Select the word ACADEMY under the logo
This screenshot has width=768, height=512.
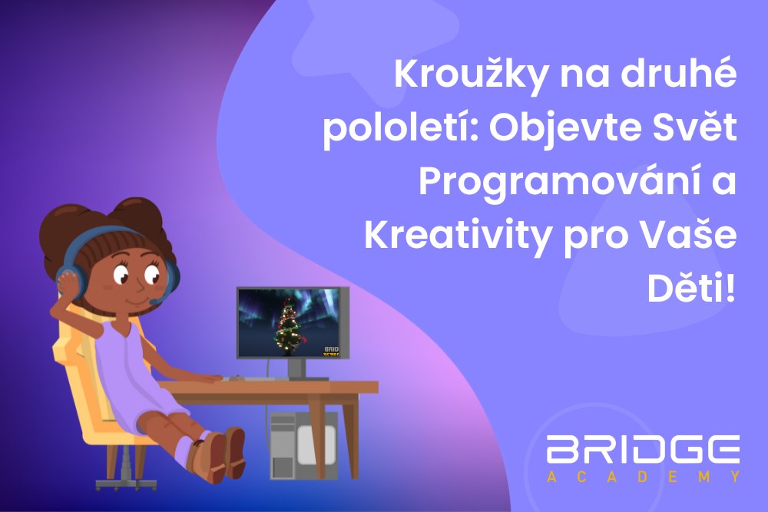click(644, 477)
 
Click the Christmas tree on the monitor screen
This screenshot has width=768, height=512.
click(289, 326)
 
